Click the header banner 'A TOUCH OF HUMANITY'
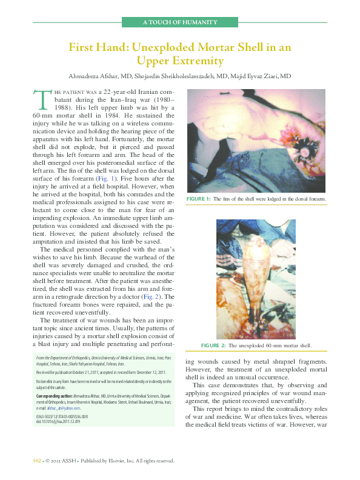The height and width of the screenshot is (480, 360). pos(179,22)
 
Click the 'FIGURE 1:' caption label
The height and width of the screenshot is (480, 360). pos(199,199)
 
